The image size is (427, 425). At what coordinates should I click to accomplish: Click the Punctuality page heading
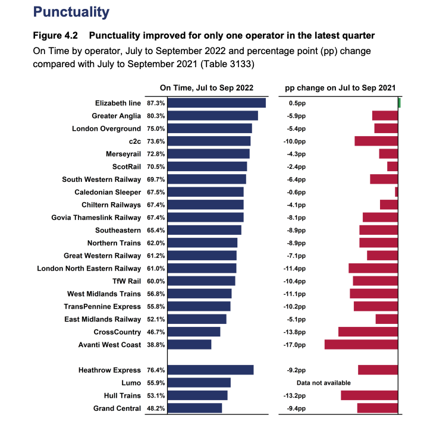click(71, 12)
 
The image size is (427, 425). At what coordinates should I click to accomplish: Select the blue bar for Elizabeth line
click(216, 103)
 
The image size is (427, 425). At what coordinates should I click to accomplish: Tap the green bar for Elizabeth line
click(399, 103)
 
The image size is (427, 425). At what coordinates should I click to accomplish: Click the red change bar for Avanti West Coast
click(361, 344)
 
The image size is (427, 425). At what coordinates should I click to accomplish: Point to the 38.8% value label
click(156, 345)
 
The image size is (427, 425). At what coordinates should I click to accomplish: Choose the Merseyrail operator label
click(123, 154)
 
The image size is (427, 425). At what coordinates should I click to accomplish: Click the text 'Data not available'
click(324, 383)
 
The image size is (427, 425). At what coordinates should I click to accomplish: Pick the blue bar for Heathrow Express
click(211, 370)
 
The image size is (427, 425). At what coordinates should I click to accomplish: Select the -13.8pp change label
click(294, 332)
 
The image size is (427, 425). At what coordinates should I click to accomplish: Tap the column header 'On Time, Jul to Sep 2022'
click(206, 87)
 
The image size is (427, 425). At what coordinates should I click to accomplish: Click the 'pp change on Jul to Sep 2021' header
click(340, 88)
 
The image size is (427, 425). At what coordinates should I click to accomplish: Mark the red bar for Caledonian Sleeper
click(397, 192)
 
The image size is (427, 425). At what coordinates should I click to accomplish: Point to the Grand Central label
click(117, 408)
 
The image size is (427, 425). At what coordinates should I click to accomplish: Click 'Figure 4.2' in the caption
click(55, 36)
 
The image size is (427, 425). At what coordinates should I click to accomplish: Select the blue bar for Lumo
click(199, 383)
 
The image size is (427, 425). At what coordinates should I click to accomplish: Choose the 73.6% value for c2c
click(156, 141)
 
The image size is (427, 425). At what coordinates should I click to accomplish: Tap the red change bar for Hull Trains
click(369, 395)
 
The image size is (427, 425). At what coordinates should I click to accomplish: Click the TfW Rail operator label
click(127, 281)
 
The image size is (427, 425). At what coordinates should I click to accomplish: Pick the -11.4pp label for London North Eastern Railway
click(294, 269)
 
